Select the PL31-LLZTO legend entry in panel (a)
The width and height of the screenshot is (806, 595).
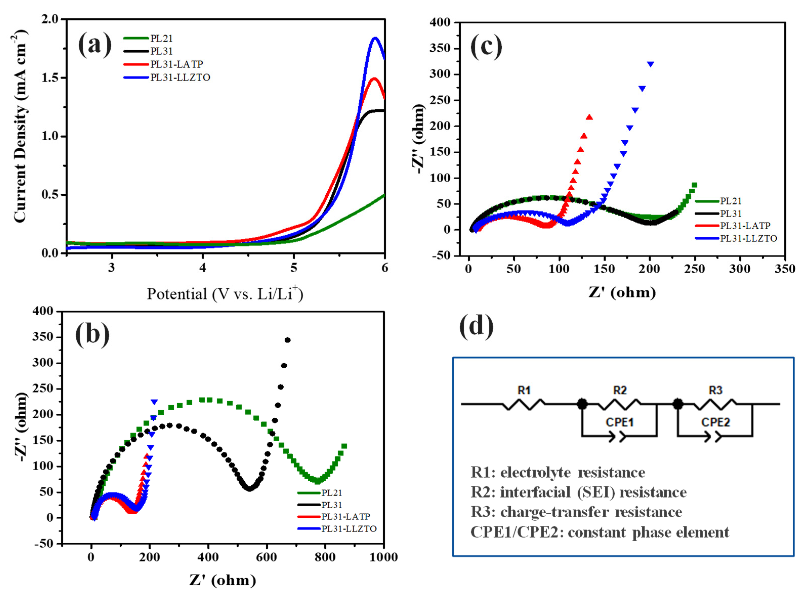click(x=180, y=77)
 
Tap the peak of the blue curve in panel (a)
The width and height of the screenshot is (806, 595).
click(x=375, y=38)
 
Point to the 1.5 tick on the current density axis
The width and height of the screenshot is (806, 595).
click(x=50, y=78)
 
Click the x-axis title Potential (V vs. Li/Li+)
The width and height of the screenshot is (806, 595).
click(x=225, y=294)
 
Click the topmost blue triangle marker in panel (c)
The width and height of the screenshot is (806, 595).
click(x=650, y=64)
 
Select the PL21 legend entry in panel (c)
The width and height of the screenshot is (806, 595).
click(x=731, y=201)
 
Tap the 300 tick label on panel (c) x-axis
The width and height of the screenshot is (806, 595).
click(x=739, y=269)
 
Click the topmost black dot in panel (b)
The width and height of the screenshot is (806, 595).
click(x=287, y=340)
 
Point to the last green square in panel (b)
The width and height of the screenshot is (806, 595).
click(x=344, y=446)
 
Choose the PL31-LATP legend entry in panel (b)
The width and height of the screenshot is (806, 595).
click(x=346, y=517)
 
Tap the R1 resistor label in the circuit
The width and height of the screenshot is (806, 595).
click(x=524, y=390)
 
